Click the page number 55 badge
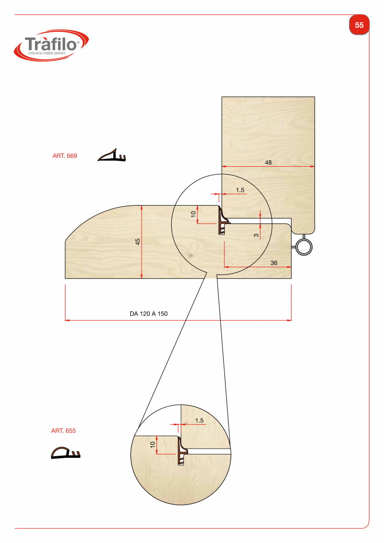(359, 25)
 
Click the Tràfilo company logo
(51, 45)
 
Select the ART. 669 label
(65, 156)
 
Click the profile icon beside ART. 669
(112, 155)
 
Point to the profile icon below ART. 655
(66, 453)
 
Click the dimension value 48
(268, 162)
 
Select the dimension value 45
(137, 242)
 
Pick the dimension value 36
(274, 263)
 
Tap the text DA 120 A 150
(149, 314)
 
